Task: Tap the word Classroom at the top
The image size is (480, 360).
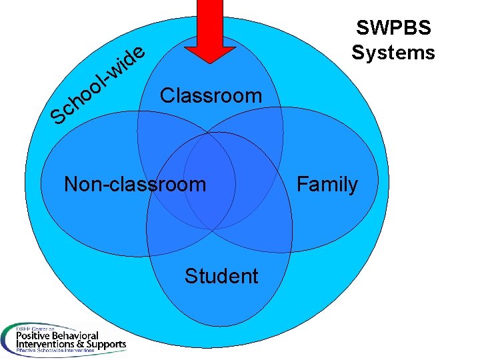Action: (211, 95)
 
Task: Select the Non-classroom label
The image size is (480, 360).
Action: (135, 183)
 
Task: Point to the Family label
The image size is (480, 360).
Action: (327, 183)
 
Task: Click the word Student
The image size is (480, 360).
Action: (221, 275)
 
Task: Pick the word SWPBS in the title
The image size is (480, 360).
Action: (393, 28)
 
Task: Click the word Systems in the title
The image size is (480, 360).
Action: (393, 52)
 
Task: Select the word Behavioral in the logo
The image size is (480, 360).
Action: (76, 335)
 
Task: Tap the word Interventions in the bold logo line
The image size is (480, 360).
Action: (41, 345)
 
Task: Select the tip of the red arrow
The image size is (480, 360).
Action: (210, 61)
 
